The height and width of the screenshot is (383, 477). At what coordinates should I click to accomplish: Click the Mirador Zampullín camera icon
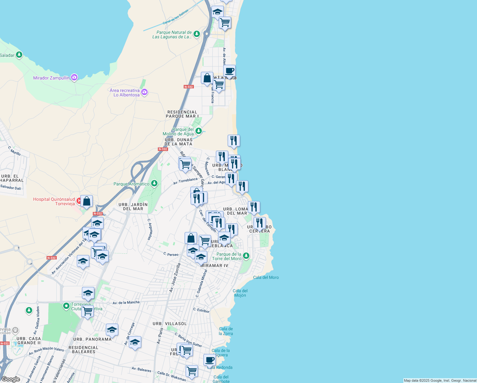74,77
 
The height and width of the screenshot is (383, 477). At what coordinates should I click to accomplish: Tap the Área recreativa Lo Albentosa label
125,93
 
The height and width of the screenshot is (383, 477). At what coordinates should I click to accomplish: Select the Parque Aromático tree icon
154,183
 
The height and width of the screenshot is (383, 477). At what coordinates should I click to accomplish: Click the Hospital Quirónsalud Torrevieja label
54,201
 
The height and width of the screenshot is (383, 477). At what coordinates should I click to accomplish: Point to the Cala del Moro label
266,277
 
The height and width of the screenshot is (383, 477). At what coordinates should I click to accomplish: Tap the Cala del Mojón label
240,293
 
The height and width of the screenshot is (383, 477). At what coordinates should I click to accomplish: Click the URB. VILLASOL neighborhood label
170,324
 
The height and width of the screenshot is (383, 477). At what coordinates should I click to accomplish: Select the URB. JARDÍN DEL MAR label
133,207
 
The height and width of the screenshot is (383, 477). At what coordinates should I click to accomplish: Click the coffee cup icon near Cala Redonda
209,360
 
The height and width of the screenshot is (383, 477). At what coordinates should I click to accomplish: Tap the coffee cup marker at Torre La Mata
229,71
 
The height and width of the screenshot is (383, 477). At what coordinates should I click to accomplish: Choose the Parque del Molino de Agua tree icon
199,131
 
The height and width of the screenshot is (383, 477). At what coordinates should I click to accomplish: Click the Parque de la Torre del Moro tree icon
246,256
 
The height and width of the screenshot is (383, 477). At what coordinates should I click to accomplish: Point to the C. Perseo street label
171,254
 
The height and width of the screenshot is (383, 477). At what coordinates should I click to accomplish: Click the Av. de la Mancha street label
126,302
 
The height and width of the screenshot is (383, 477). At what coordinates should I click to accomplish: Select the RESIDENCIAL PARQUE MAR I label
182,114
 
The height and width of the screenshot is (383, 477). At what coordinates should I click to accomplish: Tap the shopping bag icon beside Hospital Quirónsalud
86,201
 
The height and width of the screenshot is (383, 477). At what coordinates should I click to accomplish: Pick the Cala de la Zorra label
226,331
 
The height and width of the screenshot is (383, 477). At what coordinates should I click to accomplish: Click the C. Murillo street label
14,151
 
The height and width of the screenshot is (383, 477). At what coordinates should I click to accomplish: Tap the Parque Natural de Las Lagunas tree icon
197,34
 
